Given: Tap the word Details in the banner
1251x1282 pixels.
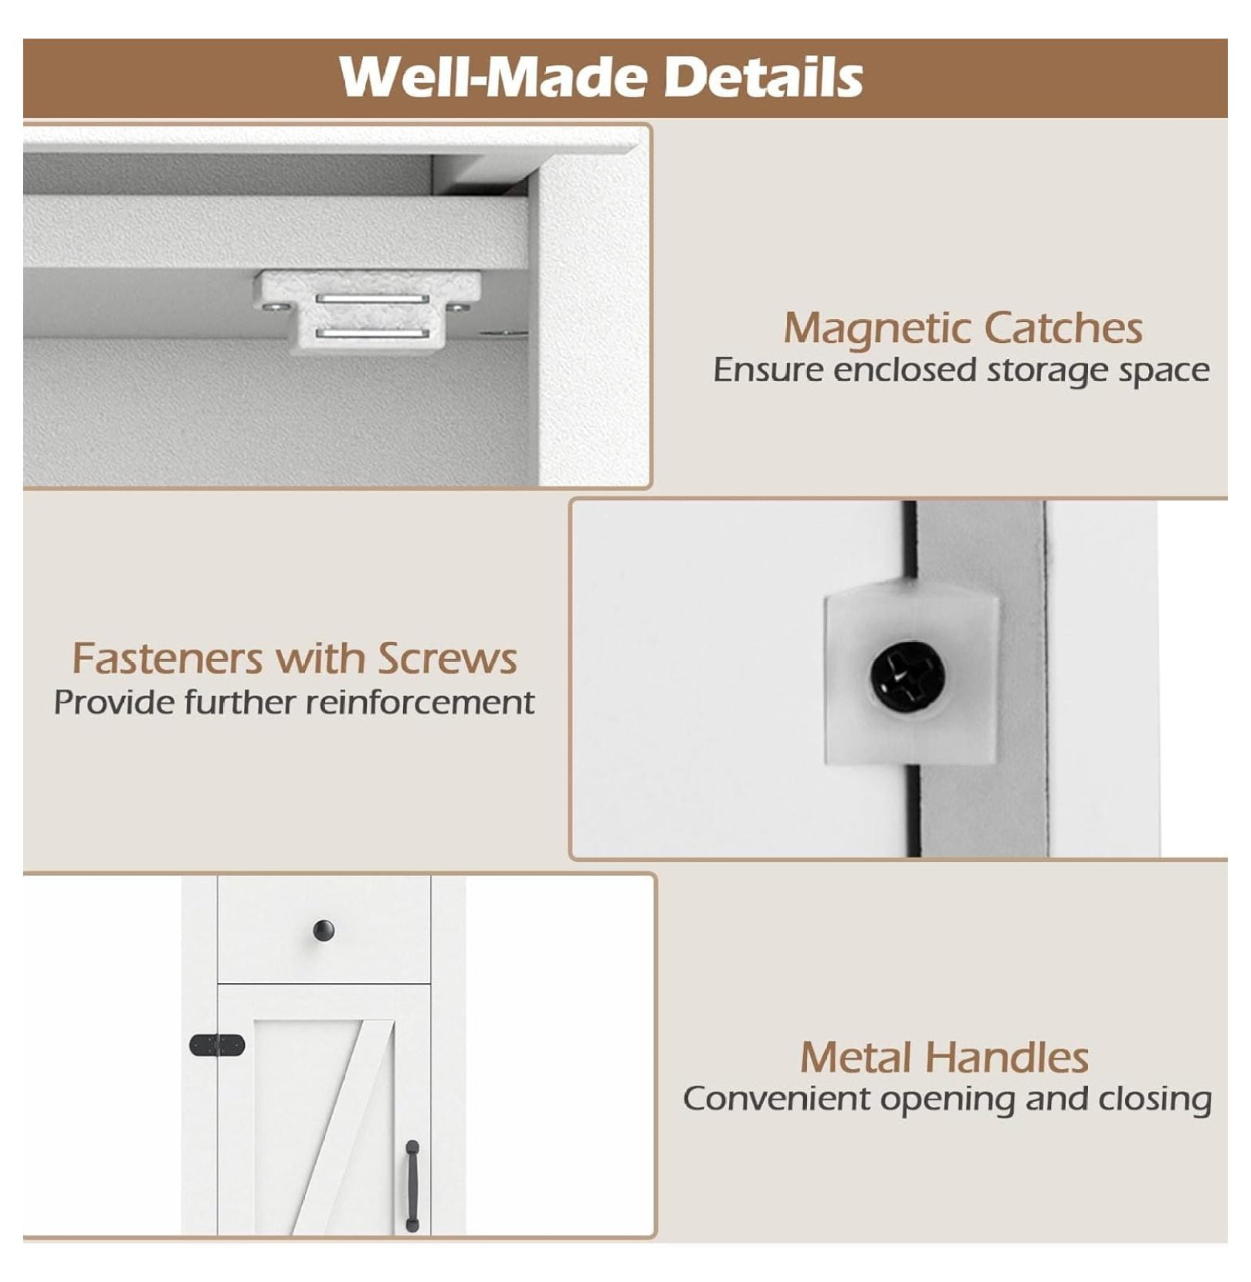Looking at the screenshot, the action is click(764, 76).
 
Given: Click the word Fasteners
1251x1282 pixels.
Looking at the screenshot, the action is click(168, 659).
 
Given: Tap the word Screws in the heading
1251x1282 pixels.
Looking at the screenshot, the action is click(447, 659).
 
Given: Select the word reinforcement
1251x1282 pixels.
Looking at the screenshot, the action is click(420, 703).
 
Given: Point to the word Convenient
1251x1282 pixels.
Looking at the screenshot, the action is click(777, 1099).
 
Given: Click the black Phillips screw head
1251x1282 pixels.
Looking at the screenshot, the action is click(908, 677).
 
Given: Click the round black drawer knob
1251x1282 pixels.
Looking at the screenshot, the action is click(324, 931).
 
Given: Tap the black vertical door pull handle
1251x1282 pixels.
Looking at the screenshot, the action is click(412, 1185).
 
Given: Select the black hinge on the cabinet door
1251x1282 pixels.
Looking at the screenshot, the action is click(217, 1045).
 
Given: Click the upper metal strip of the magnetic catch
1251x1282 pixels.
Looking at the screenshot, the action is click(372, 299).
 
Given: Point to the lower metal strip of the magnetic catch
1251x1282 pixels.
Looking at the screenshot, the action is click(372, 334).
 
